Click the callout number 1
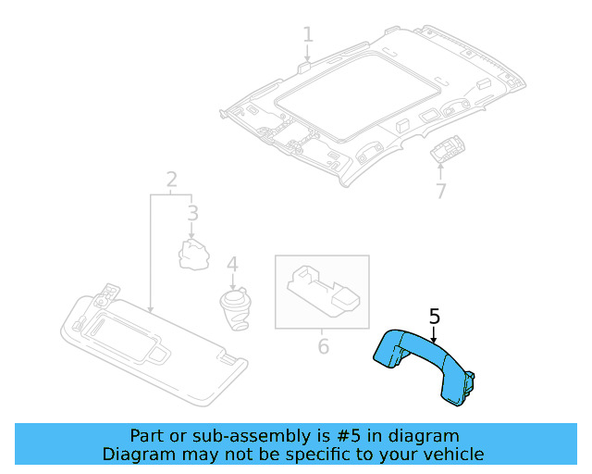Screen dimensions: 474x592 point(308,34)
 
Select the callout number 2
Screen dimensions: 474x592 point(171,178)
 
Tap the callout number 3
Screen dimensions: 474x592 point(192,215)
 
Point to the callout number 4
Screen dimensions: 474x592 point(232,265)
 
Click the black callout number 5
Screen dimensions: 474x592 point(435,317)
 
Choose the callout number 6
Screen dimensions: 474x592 point(323,347)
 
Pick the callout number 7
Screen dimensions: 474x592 point(440,192)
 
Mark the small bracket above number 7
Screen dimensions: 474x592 point(450,148)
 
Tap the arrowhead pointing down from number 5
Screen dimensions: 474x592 point(433,343)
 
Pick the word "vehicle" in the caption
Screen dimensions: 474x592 point(452,454)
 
